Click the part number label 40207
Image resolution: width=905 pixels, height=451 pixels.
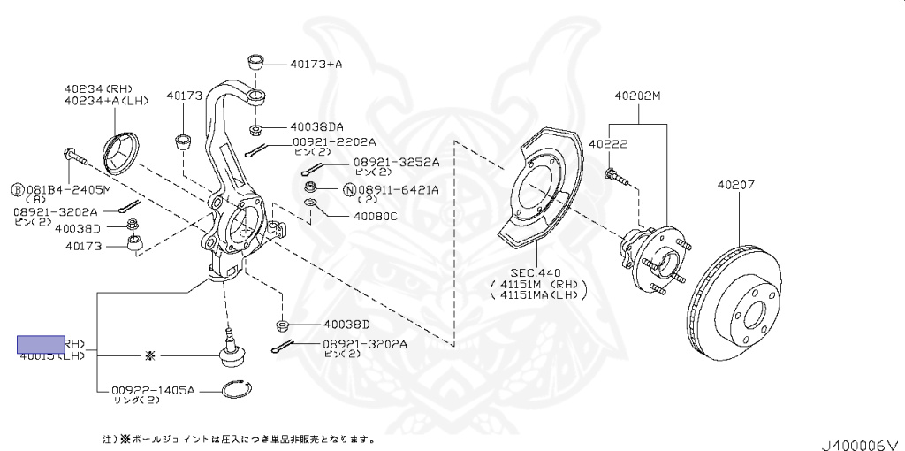(x=735, y=186)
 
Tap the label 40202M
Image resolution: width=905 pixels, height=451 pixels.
(x=637, y=96)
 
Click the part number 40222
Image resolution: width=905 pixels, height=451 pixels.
(x=608, y=142)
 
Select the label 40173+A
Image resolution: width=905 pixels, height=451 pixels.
(x=316, y=64)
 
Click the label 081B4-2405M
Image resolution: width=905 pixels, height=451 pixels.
(x=67, y=189)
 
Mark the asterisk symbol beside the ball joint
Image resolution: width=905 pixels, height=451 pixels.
(x=149, y=355)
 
